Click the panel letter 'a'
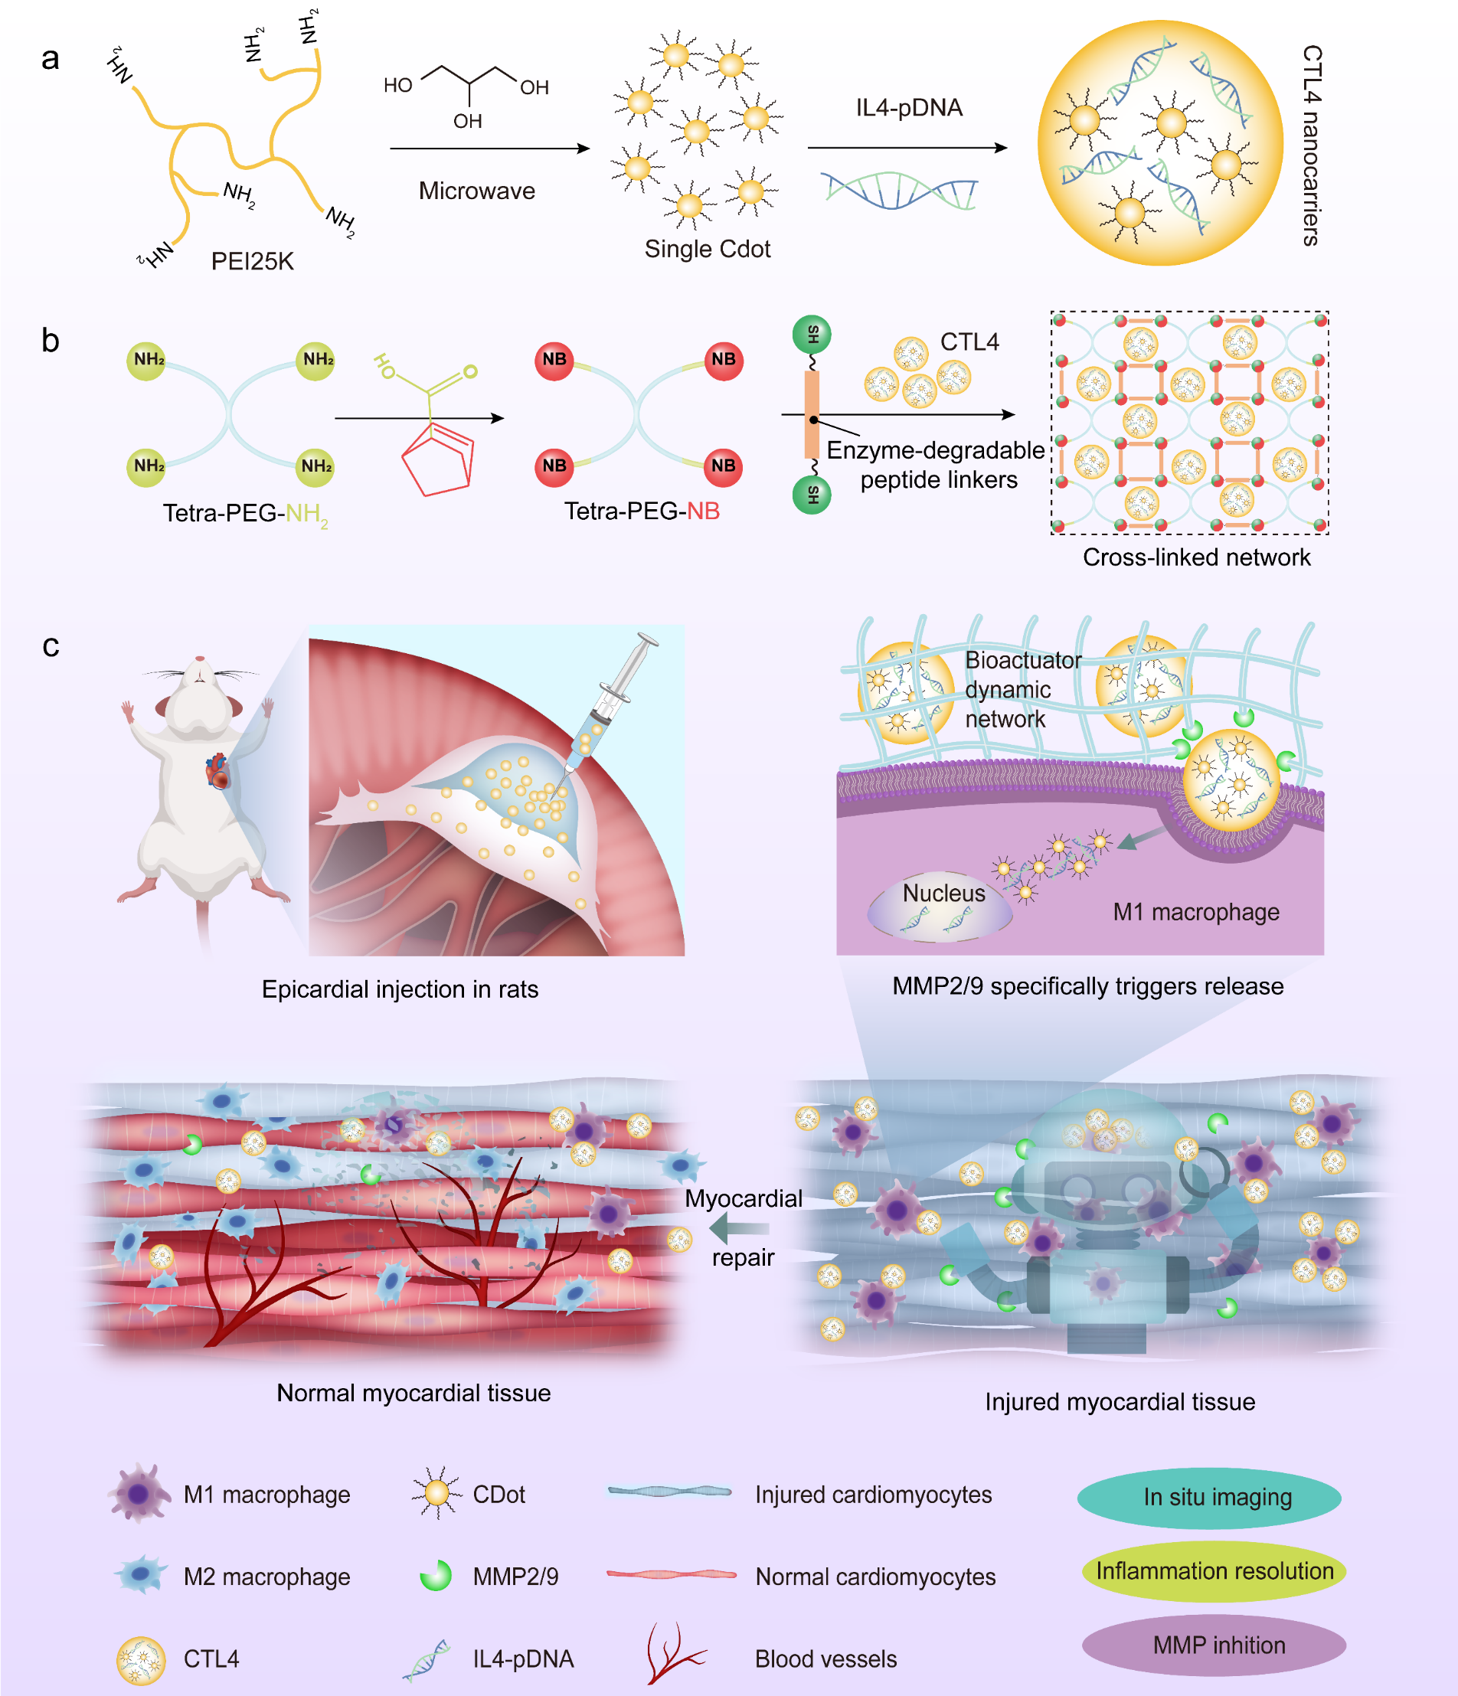(x=50, y=59)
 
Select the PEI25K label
(x=252, y=261)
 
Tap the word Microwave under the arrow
(x=476, y=191)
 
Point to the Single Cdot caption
(x=708, y=249)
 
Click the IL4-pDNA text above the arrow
(x=909, y=107)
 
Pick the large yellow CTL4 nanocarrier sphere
(x=1160, y=143)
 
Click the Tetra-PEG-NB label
(x=642, y=511)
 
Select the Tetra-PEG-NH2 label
(x=245, y=513)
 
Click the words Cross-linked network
(x=1196, y=557)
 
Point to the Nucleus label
(x=943, y=893)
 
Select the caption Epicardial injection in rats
(x=400, y=989)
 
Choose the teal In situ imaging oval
(x=1209, y=1498)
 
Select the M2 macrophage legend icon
(x=141, y=1575)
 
